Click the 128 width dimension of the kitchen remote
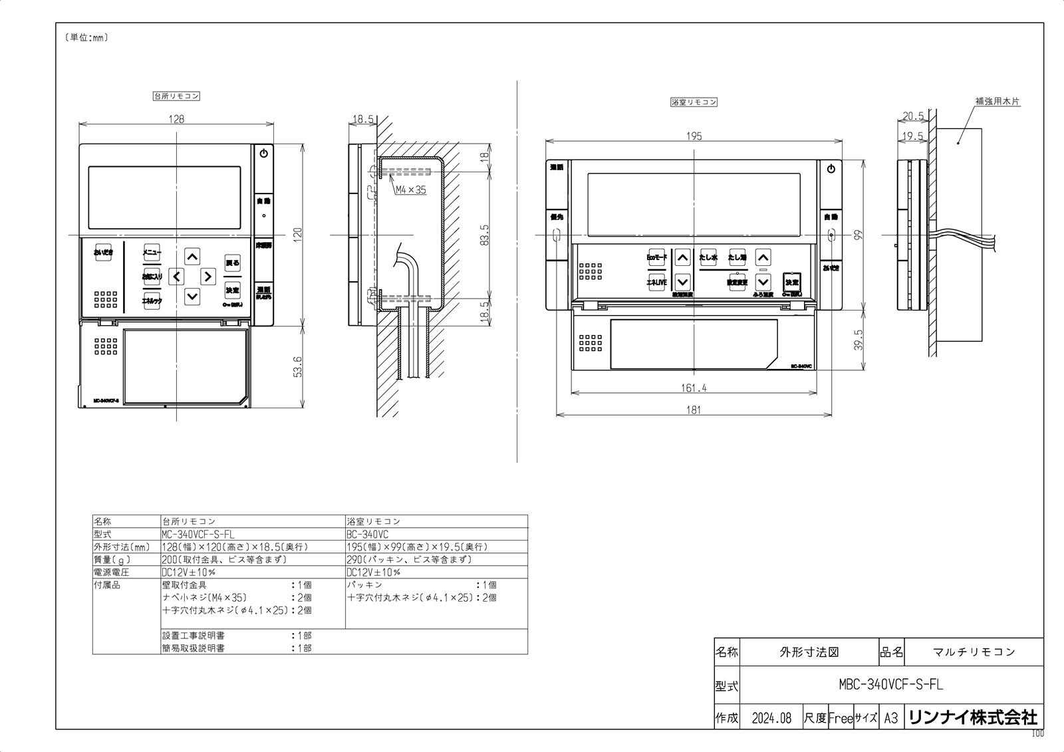click(176, 119)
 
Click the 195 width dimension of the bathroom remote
click(694, 136)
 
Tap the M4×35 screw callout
click(410, 189)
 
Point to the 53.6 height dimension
click(297, 366)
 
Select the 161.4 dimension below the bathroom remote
click(694, 388)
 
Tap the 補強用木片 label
click(997, 102)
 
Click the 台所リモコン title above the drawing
click(176, 96)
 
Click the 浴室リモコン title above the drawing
click(694, 102)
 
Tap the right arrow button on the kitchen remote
click(207, 276)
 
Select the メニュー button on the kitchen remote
click(152, 252)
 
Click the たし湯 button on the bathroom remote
click(737, 257)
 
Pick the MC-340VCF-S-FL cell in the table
click(198, 534)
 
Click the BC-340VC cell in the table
click(368, 534)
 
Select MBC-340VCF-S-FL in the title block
click(890, 684)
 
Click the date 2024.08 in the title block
click(771, 718)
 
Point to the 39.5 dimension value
click(859, 339)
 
